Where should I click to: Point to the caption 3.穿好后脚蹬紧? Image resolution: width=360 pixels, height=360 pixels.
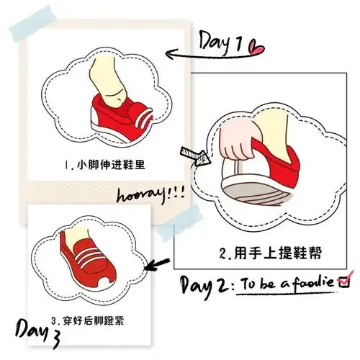[96, 318]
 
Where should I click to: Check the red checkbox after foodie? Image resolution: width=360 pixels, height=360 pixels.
[343, 281]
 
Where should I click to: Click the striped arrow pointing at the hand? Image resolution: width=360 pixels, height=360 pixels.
[194, 154]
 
